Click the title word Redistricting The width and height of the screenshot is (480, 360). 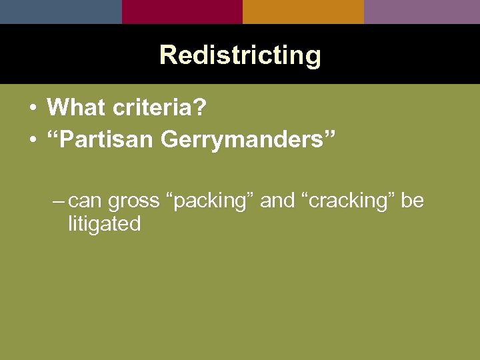[x=240, y=55]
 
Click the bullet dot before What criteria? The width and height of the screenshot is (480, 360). [x=32, y=107]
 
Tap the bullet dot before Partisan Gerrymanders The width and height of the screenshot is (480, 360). [x=32, y=141]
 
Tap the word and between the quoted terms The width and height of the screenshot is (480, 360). [x=277, y=201]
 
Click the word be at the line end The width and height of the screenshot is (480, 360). [x=412, y=201]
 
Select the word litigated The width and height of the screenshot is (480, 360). [x=104, y=224]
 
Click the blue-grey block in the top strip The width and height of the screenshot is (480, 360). [x=61, y=11]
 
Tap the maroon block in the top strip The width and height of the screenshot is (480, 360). [x=182, y=11]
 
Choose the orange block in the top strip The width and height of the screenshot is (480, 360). [x=303, y=11]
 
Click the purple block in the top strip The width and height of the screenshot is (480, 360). [x=422, y=11]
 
